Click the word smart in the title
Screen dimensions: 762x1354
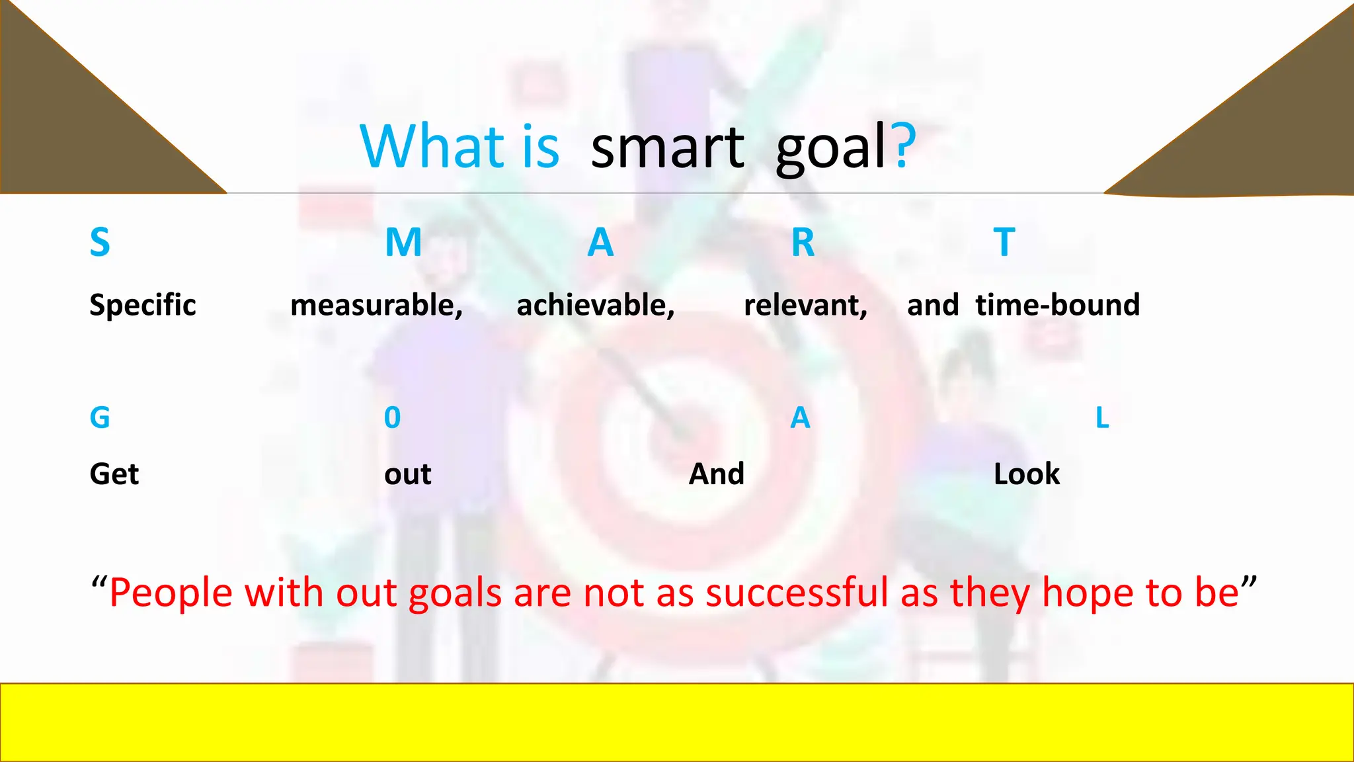coord(667,148)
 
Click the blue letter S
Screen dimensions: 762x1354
coord(100,242)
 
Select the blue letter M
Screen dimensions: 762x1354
coord(403,242)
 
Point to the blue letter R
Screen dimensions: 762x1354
coord(803,242)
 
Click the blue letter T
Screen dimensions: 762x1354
coord(1004,242)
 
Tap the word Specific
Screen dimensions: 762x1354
coord(143,306)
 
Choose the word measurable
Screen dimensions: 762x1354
coord(376,306)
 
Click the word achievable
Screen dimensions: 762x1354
coord(594,306)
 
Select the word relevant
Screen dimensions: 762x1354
coord(805,306)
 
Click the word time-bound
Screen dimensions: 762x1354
coord(1057,305)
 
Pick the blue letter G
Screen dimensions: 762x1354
coord(100,417)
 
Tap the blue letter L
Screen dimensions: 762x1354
coord(1101,417)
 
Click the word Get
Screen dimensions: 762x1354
coord(114,474)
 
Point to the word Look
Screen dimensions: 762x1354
coord(1026,474)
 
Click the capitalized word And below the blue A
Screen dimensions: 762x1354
coord(717,474)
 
